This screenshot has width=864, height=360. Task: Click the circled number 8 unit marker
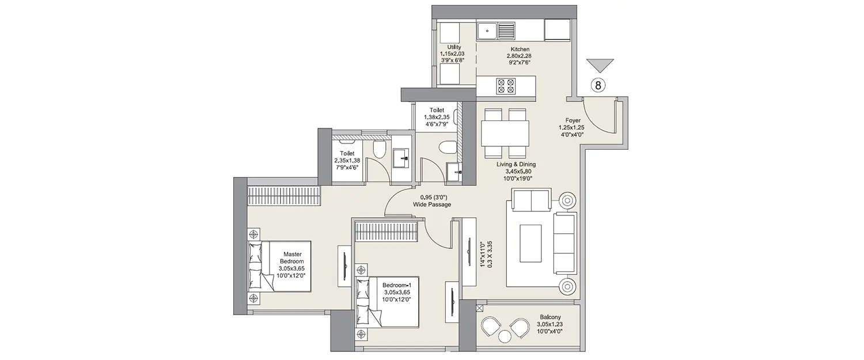[x=598, y=86]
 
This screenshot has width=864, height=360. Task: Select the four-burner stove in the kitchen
[x=506, y=86]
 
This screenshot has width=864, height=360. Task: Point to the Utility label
[x=454, y=47]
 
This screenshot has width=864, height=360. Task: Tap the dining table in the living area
[x=505, y=133]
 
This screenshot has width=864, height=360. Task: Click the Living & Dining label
[x=516, y=164]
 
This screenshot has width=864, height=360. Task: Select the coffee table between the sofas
[x=530, y=243]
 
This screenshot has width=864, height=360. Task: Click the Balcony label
[x=550, y=317]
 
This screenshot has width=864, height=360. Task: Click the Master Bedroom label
[x=292, y=257]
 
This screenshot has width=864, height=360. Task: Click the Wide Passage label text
[x=432, y=204]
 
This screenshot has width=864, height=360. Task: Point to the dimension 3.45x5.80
[x=516, y=172]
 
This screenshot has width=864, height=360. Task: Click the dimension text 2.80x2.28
[x=518, y=56]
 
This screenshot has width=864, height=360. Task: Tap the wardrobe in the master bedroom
[x=283, y=195]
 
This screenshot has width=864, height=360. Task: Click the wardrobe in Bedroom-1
[x=385, y=232]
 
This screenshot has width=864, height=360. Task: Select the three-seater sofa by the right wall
[x=564, y=242]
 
